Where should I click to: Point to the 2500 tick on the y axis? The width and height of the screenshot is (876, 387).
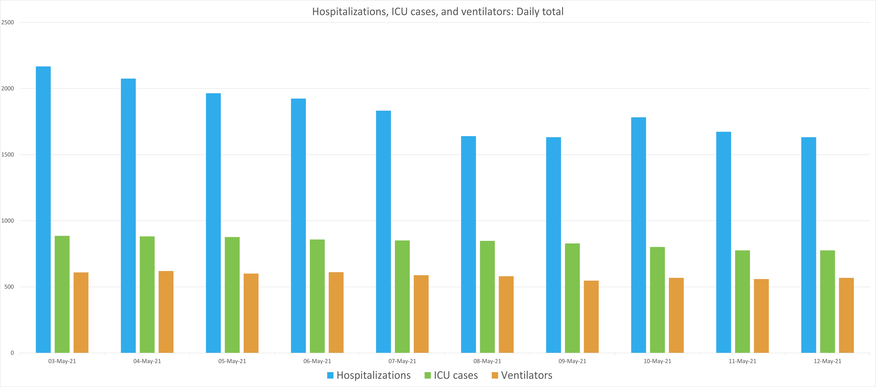pyautogui.click(x=7, y=22)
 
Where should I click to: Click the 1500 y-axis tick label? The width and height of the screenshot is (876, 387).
pyautogui.click(x=7, y=155)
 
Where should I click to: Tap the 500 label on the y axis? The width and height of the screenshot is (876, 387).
pyautogui.click(x=9, y=287)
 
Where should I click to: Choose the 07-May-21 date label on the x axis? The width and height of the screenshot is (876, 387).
pyautogui.click(x=402, y=361)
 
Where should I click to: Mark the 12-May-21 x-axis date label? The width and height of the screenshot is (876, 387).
pyautogui.click(x=827, y=361)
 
